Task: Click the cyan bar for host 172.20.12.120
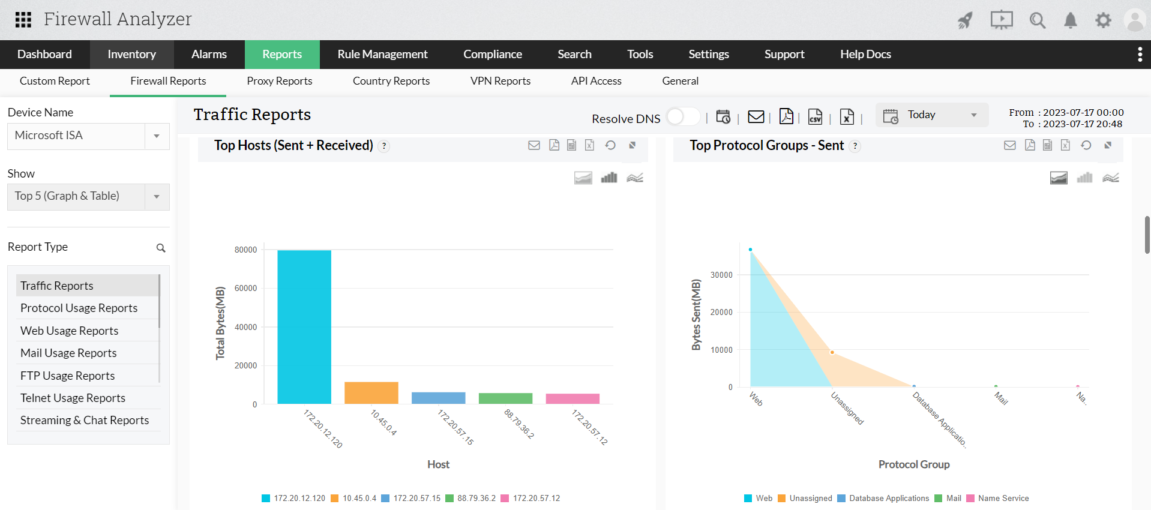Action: click(x=304, y=327)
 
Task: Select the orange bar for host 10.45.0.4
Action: click(x=371, y=392)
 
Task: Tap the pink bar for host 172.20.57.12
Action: click(x=572, y=398)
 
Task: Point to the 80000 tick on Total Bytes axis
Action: click(x=245, y=250)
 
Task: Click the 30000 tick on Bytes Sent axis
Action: click(x=721, y=275)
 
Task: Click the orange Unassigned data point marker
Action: click(x=832, y=352)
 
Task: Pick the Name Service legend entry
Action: click(x=1003, y=498)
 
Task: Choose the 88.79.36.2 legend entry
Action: click(x=476, y=498)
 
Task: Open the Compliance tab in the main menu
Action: click(x=492, y=54)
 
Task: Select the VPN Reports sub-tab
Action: click(x=500, y=81)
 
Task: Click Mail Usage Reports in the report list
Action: click(x=68, y=353)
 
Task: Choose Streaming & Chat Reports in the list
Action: click(x=85, y=420)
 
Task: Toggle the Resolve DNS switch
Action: click(x=682, y=116)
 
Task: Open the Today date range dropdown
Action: click(x=931, y=115)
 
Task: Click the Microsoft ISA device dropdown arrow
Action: click(x=157, y=136)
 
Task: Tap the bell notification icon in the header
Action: click(x=1070, y=20)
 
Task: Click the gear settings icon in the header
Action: click(x=1103, y=20)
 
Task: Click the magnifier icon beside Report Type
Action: click(x=161, y=248)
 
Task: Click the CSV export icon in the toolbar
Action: click(x=815, y=116)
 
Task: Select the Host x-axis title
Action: click(x=438, y=464)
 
